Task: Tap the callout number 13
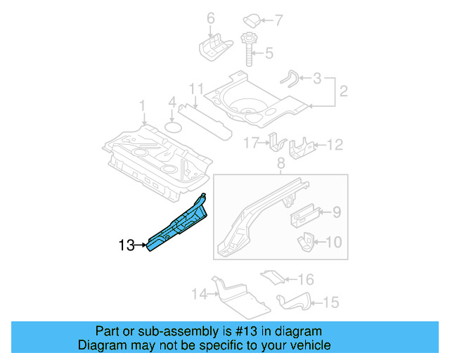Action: coord(127,245)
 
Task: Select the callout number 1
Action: coord(142,106)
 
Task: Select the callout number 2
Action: coord(344,91)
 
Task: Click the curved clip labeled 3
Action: coord(290,78)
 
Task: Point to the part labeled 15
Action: coord(295,302)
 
